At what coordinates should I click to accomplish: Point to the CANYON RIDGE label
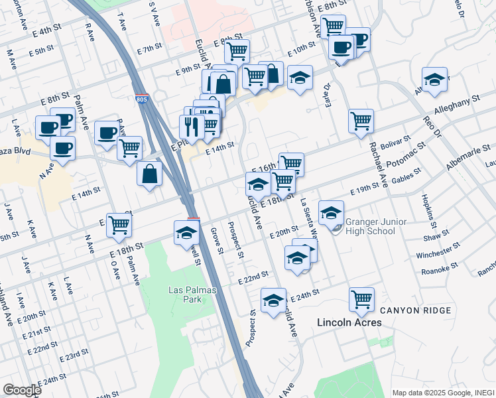tap(416, 310)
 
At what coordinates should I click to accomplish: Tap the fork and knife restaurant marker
tap(191, 127)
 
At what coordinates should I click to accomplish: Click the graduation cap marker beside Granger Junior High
tap(331, 213)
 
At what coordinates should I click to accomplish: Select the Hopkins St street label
tap(424, 210)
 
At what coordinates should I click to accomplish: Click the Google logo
tap(22, 390)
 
